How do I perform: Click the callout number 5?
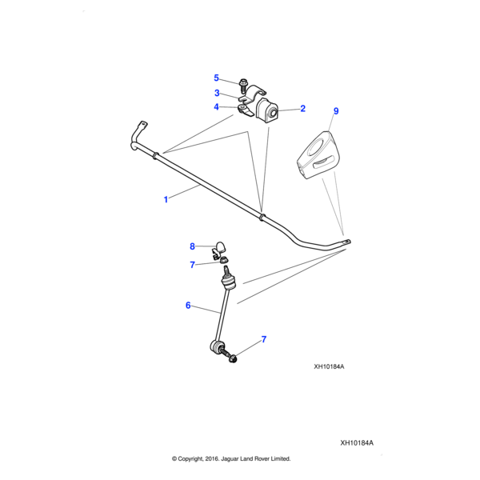pos(216,78)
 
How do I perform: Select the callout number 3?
pos(216,93)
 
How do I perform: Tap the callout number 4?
pos(216,107)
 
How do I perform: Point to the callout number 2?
pos(302,108)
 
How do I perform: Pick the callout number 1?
pos(166,199)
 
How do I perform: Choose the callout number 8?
pos(192,246)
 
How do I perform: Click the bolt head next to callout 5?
pos(242,82)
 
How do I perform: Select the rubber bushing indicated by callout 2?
pos(270,113)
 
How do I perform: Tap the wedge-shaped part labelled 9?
pos(321,156)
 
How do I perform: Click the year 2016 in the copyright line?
pos(209,458)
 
